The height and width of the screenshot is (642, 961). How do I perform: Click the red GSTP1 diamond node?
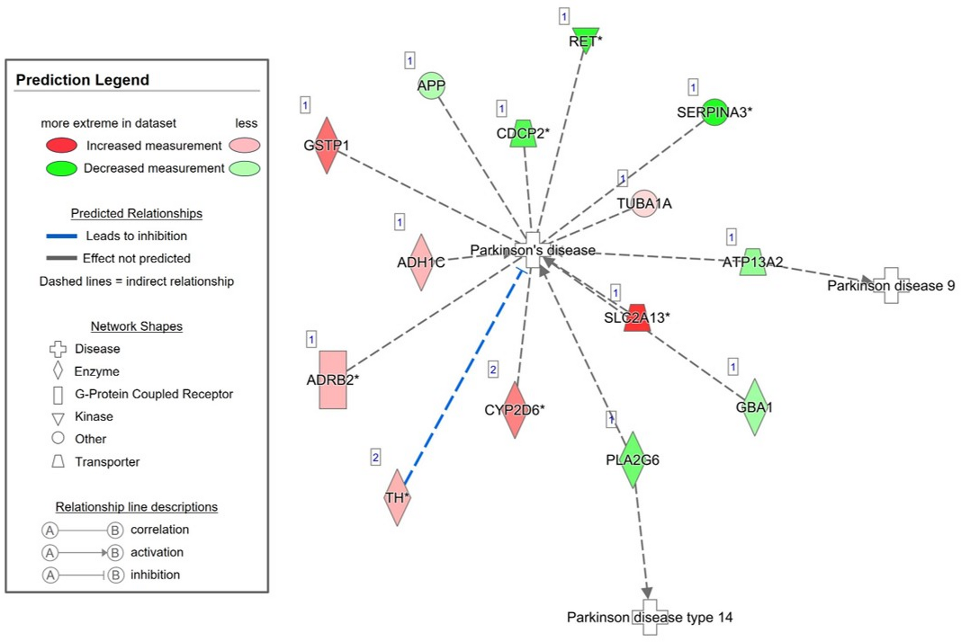coord(326,145)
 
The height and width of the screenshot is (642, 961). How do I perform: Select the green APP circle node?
coord(431,86)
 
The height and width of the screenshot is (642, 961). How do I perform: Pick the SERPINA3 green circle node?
coord(714,112)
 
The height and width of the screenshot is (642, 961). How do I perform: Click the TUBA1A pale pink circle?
coord(644,204)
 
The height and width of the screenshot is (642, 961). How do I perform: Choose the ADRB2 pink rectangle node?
coord(333,380)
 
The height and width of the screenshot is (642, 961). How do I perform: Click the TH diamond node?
coord(397,497)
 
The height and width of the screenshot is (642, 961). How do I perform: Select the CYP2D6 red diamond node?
coord(514,410)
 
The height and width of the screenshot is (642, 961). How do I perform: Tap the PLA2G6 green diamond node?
coord(633,459)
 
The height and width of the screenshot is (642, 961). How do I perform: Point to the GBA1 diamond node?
coord(754,407)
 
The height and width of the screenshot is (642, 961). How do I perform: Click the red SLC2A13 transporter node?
coord(637,318)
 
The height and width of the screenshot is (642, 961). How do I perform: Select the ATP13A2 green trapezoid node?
coord(753,262)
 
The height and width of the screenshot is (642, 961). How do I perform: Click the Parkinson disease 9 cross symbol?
coord(891,285)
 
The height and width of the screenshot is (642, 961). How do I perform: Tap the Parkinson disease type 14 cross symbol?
coord(649,617)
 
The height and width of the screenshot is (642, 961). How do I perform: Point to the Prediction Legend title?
coord(82,80)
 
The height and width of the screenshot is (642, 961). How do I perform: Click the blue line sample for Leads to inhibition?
coord(61,236)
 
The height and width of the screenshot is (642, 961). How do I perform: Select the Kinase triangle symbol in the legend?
coord(58,419)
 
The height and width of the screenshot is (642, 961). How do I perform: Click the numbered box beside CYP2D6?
coord(493,369)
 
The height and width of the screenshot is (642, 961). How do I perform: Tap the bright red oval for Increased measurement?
coord(61,145)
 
